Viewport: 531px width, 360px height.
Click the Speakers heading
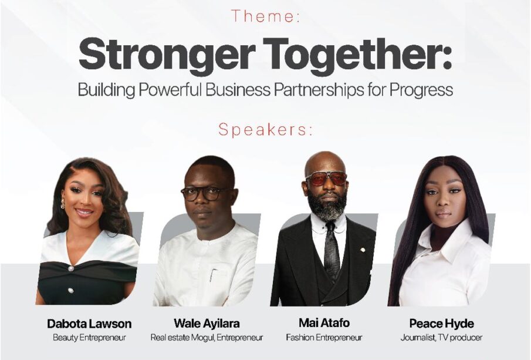tap(265, 129)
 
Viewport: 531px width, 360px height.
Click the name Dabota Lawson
tap(89, 324)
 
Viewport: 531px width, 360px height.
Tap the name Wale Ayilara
tap(207, 323)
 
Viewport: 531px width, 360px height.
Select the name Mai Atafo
tap(324, 323)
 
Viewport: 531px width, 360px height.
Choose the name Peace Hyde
tap(442, 324)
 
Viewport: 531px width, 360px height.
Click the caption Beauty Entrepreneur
tap(89, 338)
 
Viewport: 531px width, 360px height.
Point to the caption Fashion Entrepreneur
tap(324, 338)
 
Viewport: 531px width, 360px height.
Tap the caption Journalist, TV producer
tap(442, 338)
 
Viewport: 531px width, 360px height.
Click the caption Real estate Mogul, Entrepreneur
tap(207, 338)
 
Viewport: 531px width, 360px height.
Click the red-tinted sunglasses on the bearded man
tap(326, 178)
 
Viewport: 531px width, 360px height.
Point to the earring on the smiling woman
tap(62, 203)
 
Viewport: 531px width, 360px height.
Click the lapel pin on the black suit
tap(363, 250)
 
